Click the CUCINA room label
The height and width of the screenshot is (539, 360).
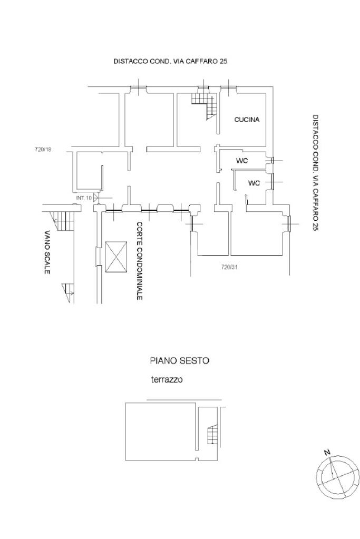coord(247,120)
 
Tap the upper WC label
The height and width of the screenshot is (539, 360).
coord(242,161)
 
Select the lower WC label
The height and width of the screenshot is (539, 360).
coord(254,183)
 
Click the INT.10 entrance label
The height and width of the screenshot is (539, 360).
coord(84,198)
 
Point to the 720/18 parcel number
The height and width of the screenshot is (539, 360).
coord(43,150)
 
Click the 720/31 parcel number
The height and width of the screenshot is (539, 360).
coord(229,267)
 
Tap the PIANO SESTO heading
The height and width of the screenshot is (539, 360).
coord(180,360)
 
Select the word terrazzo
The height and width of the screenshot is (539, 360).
coord(167,380)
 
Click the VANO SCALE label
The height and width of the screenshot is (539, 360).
coord(47,252)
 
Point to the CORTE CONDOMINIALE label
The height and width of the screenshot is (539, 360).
coord(139,261)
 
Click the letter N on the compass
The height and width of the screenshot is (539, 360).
coord(327,453)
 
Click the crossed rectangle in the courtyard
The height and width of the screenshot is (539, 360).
coord(116,257)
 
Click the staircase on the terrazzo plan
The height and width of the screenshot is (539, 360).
coord(212,435)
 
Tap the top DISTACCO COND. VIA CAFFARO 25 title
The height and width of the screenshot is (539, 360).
coord(171,62)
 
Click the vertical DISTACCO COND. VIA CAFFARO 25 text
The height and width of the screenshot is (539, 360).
coord(316,173)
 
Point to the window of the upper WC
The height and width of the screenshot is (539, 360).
coord(272,161)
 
